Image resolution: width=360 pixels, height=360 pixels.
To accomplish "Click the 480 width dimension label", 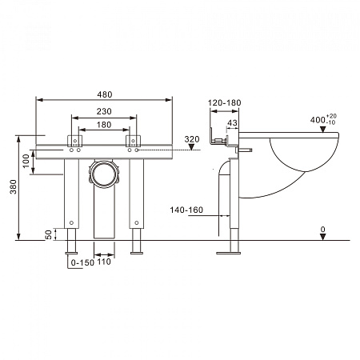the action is (x=105, y=94).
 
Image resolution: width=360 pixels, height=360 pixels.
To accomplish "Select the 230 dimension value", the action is (x=104, y=111).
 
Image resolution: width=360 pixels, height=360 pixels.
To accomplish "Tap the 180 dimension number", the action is (x=104, y=125).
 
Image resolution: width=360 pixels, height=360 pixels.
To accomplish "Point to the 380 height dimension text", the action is (x=14, y=186).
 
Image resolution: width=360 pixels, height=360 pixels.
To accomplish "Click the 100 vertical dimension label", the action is (x=26, y=161).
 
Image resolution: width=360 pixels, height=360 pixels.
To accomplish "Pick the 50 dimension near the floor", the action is (x=49, y=234).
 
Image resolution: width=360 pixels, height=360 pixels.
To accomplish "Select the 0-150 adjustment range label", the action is (x=82, y=262).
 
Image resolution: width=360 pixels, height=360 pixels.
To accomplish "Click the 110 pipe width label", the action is (x=104, y=262).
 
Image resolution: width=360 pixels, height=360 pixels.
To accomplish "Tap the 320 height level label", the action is (x=192, y=139).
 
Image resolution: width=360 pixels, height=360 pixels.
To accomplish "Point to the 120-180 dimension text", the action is (x=224, y=102).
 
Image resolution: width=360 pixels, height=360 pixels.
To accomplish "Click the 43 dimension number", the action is (x=232, y=123).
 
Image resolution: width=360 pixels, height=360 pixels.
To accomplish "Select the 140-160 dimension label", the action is (x=186, y=210).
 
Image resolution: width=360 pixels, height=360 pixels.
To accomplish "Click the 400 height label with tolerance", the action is (x=323, y=119).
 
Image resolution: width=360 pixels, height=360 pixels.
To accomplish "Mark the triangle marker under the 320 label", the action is (x=192, y=147).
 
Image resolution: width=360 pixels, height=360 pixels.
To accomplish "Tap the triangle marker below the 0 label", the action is (x=323, y=237).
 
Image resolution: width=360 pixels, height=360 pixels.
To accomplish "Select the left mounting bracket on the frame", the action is (x=74, y=141).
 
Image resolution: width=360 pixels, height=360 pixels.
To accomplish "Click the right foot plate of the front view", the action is (x=137, y=253).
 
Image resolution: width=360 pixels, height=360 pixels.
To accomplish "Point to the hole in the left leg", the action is (x=71, y=222).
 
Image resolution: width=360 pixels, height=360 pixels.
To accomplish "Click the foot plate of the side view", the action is (x=228, y=253).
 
